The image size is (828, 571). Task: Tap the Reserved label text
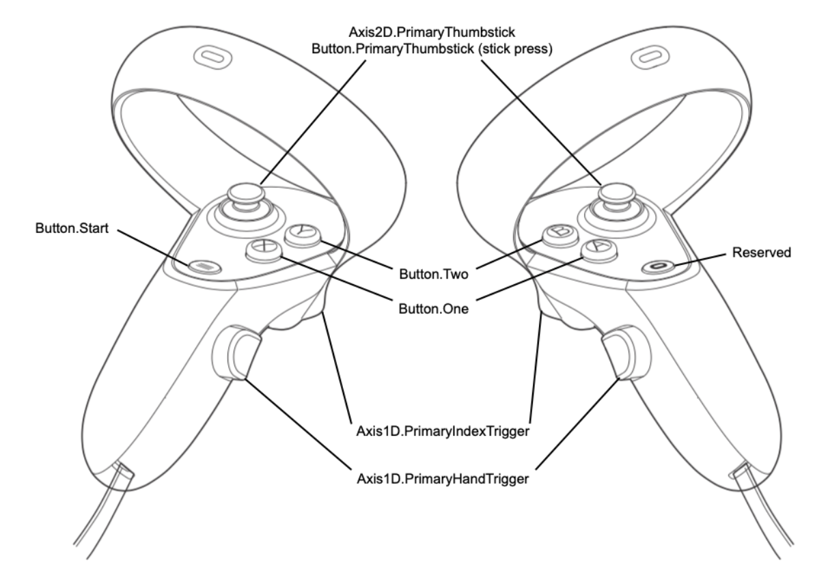(762, 252)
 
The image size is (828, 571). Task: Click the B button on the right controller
(561, 234)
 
